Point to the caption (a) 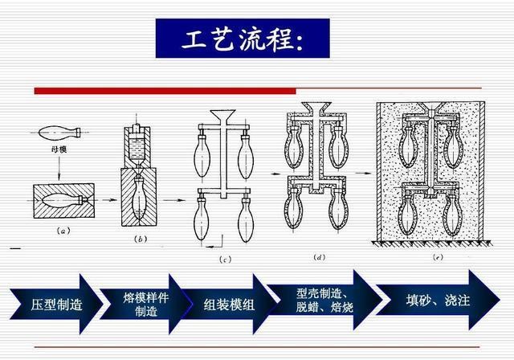63,231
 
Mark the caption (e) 437,257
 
